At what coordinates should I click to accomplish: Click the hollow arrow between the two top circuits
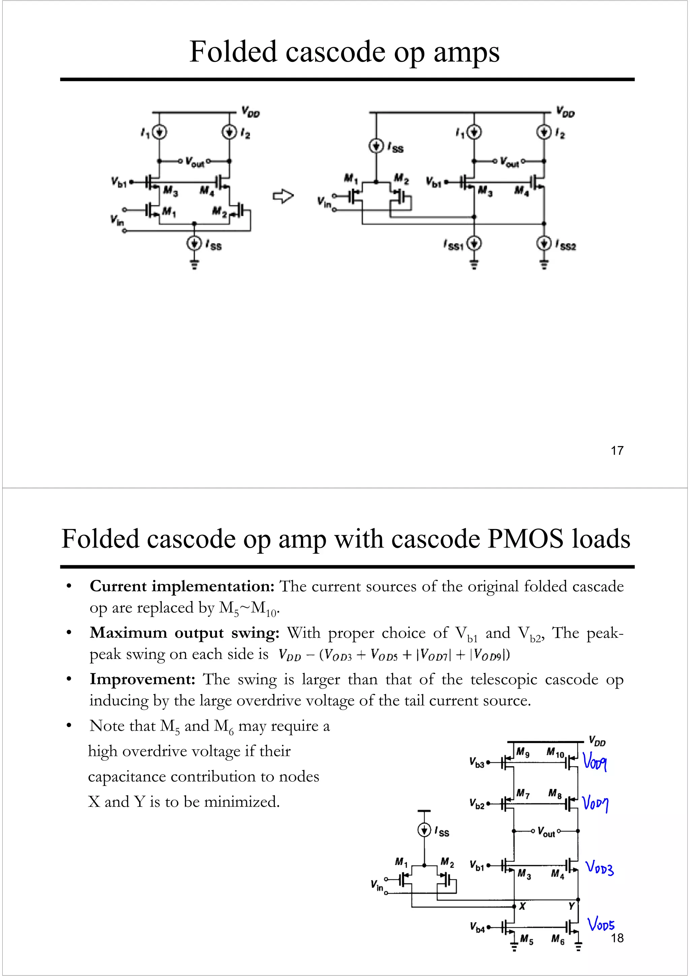tap(283, 196)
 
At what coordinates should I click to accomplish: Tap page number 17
tap(617, 450)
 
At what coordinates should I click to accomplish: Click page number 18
tap(617, 938)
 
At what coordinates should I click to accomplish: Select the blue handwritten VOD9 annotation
tap(595, 761)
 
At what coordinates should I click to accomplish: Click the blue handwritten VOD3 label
tap(599, 868)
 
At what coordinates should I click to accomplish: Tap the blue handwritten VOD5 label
tap(601, 924)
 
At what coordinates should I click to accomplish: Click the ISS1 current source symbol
tap(474, 244)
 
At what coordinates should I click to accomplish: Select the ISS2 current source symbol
tap(544, 244)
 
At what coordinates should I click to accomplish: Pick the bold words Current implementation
tap(182, 586)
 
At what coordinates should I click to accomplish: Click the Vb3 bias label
tap(477, 762)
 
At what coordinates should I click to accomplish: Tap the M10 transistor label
tap(555, 753)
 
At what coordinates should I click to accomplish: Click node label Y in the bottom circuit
tap(571, 906)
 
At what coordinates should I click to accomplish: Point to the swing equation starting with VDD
tap(394, 655)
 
